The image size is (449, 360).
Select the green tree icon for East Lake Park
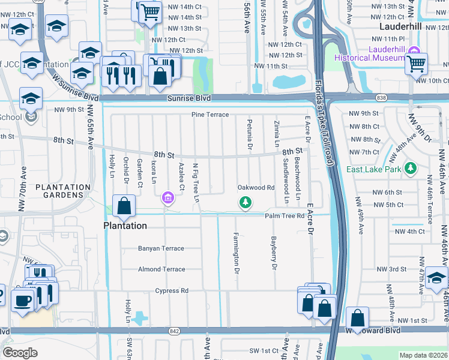coord(411,169)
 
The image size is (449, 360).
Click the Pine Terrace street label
coord(210,115)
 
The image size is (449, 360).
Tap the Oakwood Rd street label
coord(256,188)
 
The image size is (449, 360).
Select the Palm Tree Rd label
coord(285,215)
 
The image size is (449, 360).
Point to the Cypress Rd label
coord(172,291)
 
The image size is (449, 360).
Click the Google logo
coord(20,353)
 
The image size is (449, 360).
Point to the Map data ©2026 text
coord(423,355)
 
